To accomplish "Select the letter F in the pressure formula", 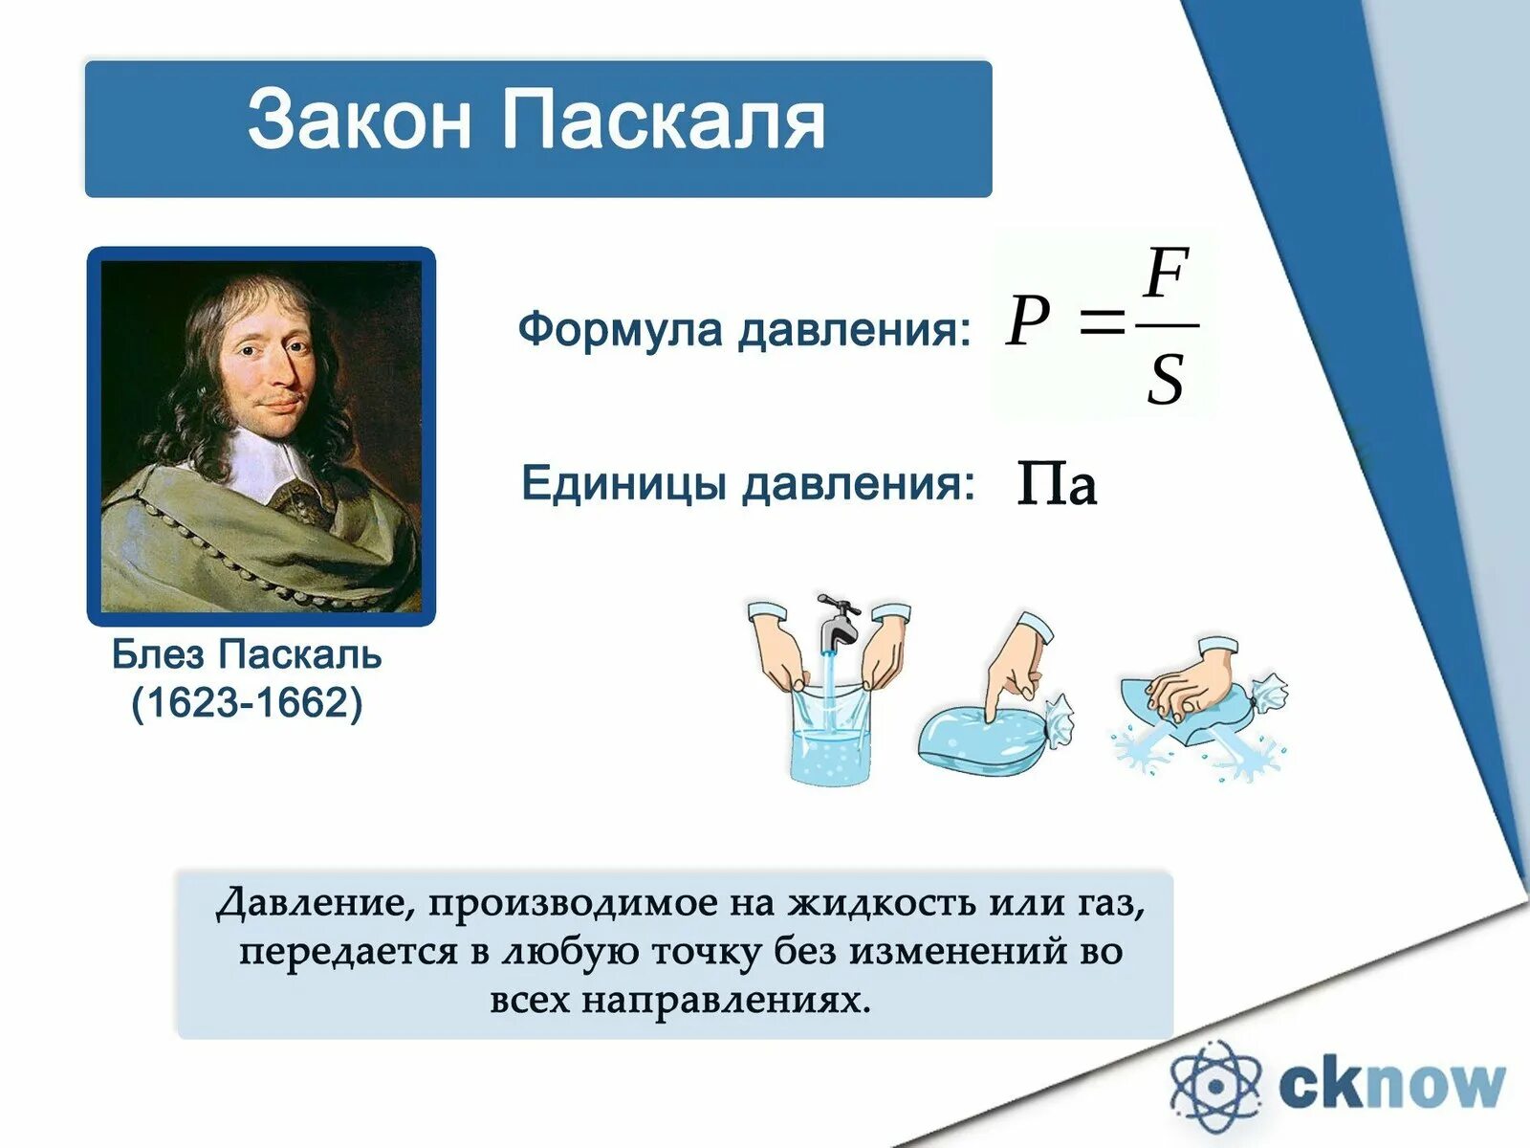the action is (x=1166, y=274).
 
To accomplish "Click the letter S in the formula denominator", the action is (x=1166, y=379).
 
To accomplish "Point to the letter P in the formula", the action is (x=1027, y=320).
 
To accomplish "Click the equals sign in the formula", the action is (x=1102, y=322).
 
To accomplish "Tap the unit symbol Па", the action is (x=1057, y=482).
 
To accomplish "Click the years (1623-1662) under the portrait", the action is (x=247, y=702).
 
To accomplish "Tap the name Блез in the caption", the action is (x=158, y=654).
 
